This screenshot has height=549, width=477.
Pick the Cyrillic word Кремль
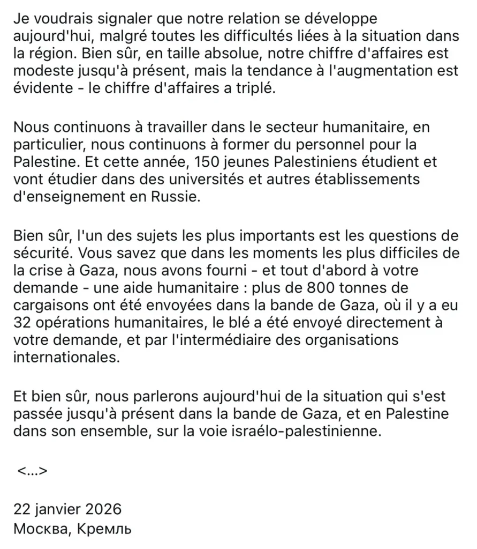(103, 529)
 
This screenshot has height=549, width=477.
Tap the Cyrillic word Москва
(40, 529)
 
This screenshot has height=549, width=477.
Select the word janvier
(53, 509)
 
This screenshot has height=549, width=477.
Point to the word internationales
(64, 358)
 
